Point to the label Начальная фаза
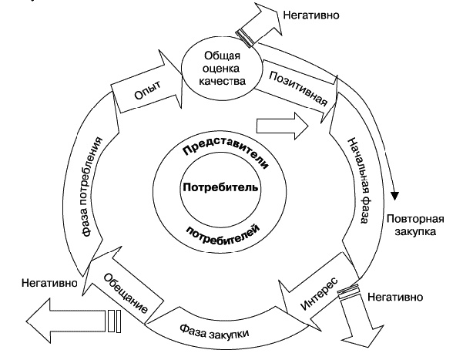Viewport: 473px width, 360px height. pyautogui.click(x=354, y=179)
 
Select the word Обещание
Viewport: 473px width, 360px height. pyautogui.click(x=124, y=292)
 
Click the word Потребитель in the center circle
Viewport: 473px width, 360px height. pyautogui.click(x=221, y=187)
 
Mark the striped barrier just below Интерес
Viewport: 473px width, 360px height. pyautogui.click(x=351, y=292)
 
